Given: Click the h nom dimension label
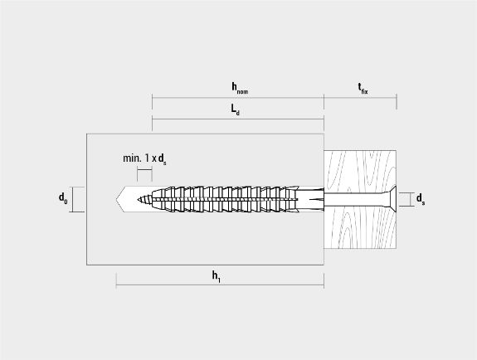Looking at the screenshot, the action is (240, 88).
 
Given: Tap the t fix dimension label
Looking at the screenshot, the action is (363, 88).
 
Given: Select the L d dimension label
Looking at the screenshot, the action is (235, 109).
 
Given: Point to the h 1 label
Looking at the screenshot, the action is (216, 276).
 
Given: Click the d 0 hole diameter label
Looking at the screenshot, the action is (63, 198).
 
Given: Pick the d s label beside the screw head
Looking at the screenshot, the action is (421, 199).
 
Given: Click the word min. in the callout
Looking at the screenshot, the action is (132, 158).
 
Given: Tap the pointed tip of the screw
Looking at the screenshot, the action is (138, 200).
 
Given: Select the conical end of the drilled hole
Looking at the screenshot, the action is (121, 199).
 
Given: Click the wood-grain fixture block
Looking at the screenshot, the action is (360, 199).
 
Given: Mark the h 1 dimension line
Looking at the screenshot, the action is (220, 285).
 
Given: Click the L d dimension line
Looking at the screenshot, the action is (238, 119).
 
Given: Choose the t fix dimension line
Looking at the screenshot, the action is (361, 98).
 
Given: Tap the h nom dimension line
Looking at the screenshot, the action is (238, 98).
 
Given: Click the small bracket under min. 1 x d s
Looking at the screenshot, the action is (144, 170).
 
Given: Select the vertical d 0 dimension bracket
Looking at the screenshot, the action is (72, 199).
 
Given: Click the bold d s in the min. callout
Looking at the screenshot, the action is (162, 159).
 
